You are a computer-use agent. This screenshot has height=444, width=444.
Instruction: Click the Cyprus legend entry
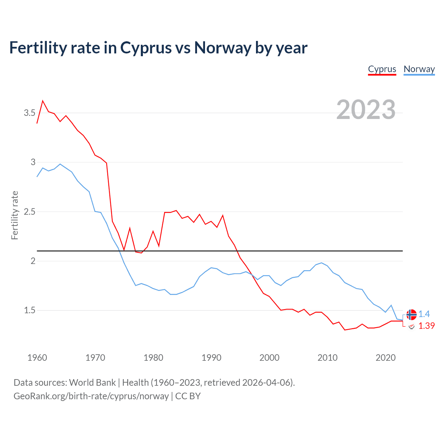pyautogui.click(x=382, y=69)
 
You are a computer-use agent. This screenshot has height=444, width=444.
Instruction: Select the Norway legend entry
pyautogui.click(x=419, y=69)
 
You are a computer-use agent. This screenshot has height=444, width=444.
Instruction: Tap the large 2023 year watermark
pyautogui.click(x=366, y=110)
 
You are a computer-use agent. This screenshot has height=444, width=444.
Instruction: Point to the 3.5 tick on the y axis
pyautogui.click(x=29, y=113)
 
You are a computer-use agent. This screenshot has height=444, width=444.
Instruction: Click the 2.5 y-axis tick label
pyautogui.click(x=29, y=212)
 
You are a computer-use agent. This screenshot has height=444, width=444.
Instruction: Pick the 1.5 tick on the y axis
pyautogui.click(x=29, y=310)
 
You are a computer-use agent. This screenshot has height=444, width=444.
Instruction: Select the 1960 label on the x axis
pyautogui.click(x=37, y=358)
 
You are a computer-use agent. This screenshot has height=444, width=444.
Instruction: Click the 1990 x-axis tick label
pyautogui.click(x=211, y=358)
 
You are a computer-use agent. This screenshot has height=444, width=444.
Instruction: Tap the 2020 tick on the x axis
pyautogui.click(x=385, y=358)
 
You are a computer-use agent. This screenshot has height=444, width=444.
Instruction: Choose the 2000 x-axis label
pyautogui.click(x=269, y=358)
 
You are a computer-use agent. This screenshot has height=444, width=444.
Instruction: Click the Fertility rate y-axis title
pyautogui.click(x=15, y=215)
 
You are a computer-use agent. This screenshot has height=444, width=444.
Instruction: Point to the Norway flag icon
pyautogui.click(x=411, y=315)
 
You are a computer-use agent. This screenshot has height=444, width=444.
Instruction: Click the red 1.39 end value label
pyautogui.click(x=426, y=326)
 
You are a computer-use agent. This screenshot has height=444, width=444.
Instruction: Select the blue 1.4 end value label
pyautogui.click(x=424, y=314)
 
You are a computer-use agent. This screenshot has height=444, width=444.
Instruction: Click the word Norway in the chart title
pyautogui.click(x=222, y=48)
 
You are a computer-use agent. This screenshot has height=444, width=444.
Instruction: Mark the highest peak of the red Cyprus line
pyautogui.click(x=43, y=101)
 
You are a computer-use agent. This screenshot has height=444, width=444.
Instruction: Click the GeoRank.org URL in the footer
pyautogui.click(x=91, y=396)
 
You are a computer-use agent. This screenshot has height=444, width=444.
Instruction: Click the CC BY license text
pyautogui.click(x=188, y=396)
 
